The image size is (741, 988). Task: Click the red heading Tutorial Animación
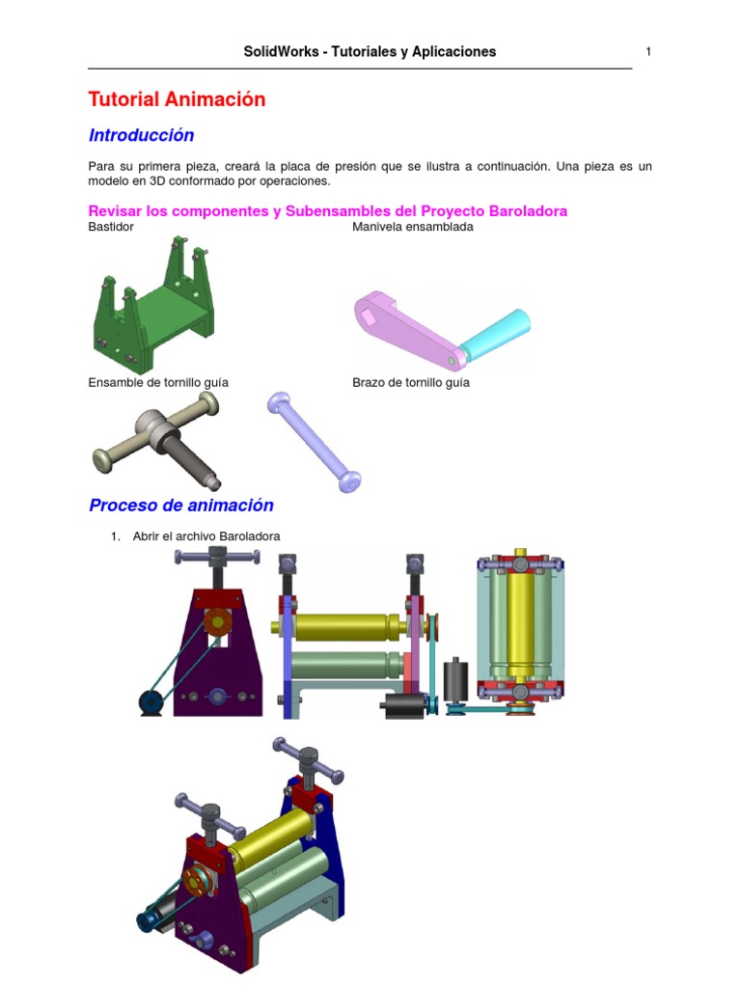click(x=178, y=99)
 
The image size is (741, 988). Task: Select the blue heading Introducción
click(x=141, y=135)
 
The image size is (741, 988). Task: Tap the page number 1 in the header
click(x=648, y=52)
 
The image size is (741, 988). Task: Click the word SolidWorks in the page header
click(x=281, y=52)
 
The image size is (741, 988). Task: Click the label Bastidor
click(x=111, y=227)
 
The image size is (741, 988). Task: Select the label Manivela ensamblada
click(x=413, y=227)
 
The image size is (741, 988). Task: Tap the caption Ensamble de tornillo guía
click(x=158, y=382)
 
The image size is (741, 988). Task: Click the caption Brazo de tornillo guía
click(x=411, y=382)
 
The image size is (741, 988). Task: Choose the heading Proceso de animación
click(x=181, y=506)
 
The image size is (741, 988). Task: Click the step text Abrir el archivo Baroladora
click(x=206, y=536)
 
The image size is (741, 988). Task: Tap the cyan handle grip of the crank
click(x=495, y=330)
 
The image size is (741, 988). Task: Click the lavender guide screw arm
click(x=314, y=442)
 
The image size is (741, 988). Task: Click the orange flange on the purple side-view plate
click(x=217, y=622)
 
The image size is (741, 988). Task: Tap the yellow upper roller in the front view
click(x=343, y=627)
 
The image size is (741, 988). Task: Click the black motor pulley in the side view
click(x=151, y=702)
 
